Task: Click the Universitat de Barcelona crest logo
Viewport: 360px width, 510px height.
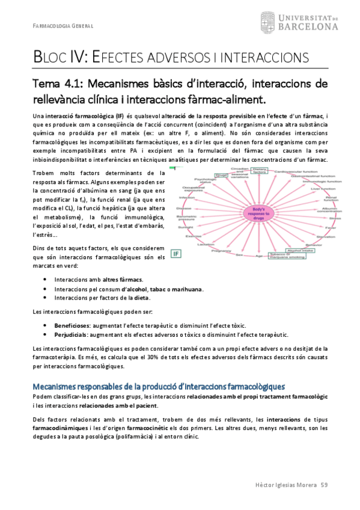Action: [268, 23]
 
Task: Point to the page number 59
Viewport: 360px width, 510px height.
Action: [324, 484]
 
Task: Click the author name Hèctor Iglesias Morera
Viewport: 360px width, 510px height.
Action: [282, 484]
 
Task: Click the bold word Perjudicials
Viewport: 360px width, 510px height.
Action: [69, 334]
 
